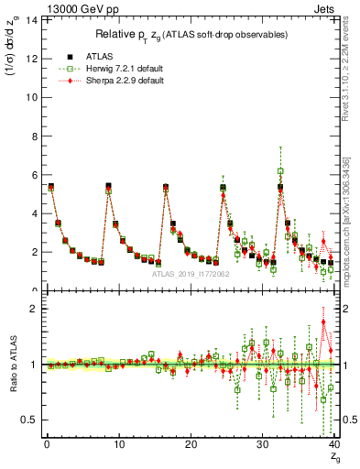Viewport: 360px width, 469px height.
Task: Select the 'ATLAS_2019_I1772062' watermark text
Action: point(190,273)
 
